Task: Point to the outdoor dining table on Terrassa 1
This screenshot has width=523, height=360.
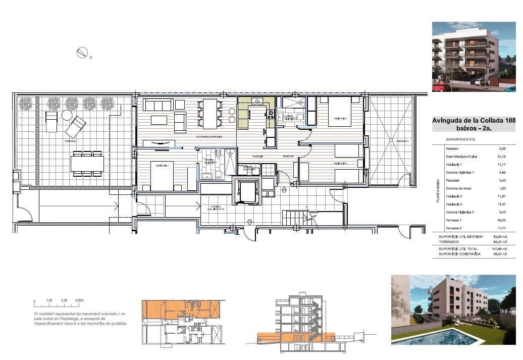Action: [87, 163]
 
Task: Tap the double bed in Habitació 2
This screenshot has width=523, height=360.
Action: [341, 112]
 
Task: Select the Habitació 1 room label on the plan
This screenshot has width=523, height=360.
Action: [162, 164]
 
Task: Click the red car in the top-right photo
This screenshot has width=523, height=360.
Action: [441, 87]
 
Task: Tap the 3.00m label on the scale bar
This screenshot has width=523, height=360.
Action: [79, 300]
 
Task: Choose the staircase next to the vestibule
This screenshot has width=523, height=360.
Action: [293, 218]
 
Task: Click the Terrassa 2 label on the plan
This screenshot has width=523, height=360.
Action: [401, 141]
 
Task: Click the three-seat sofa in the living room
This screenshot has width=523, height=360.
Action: [157, 106]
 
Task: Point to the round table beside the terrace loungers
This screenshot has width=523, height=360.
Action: [67, 115]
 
